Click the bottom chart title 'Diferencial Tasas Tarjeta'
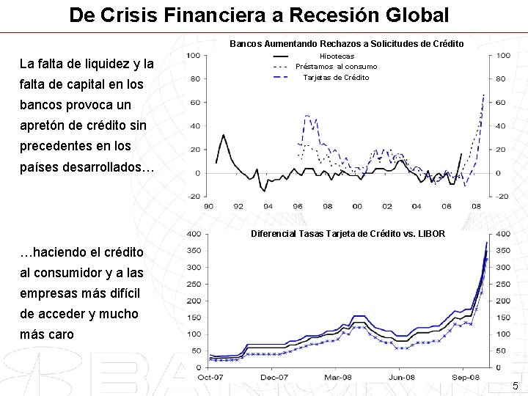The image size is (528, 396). pyautogui.click(x=347, y=234)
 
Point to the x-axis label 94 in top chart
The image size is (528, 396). pyautogui.click(x=268, y=206)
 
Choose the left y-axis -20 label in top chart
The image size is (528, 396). pyautogui.click(x=194, y=197)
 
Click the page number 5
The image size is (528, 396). pyautogui.click(x=515, y=386)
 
